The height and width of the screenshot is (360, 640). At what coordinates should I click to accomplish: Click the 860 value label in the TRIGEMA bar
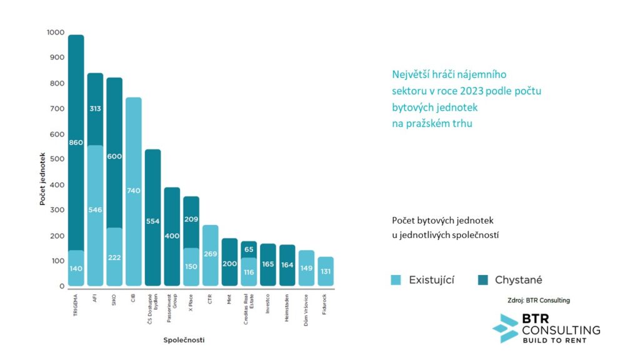(76, 143)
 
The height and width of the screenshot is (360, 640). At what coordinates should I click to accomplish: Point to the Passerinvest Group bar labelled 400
(172, 237)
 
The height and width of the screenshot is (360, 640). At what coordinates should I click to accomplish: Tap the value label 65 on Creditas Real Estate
(249, 249)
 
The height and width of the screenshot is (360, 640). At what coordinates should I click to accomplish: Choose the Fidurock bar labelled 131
(326, 271)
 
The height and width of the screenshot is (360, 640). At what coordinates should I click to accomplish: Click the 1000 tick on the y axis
(55, 32)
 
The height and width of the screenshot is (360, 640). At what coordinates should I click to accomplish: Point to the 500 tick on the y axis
(57, 159)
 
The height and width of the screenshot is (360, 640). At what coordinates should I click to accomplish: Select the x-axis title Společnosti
(184, 340)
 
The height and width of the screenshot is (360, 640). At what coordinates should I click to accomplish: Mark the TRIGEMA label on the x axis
(76, 302)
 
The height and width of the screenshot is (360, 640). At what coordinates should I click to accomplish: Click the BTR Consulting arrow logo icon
(505, 328)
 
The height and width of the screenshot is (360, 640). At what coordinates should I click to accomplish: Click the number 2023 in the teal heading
(469, 91)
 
